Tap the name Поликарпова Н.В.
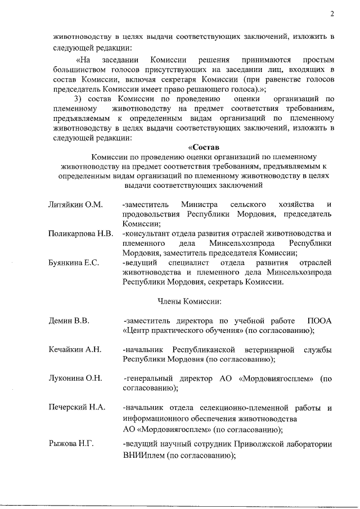pyautogui.click(x=81, y=233)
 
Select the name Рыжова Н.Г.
pyautogui.click(x=71, y=444)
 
